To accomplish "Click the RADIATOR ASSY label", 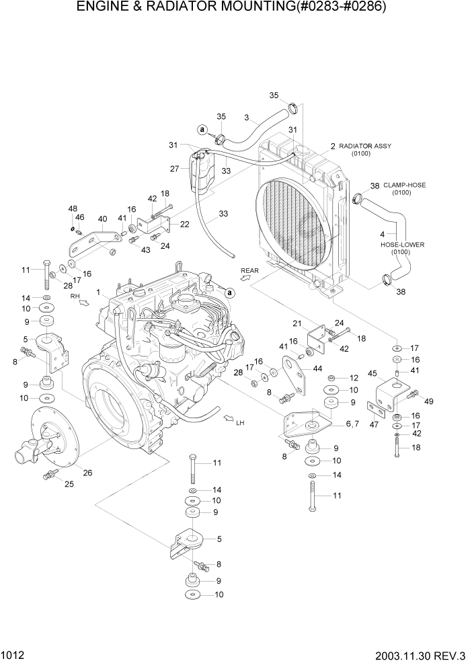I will pos(364,146).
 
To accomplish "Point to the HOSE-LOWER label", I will pos(402,245).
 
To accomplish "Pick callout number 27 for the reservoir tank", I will pos(175,169).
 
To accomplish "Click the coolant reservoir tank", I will pos(200,173).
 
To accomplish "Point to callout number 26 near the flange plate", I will pos(87,472).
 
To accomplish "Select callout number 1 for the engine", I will pos(99,292).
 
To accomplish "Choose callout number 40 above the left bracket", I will pos(102,219).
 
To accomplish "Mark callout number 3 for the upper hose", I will pos(247,118).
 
